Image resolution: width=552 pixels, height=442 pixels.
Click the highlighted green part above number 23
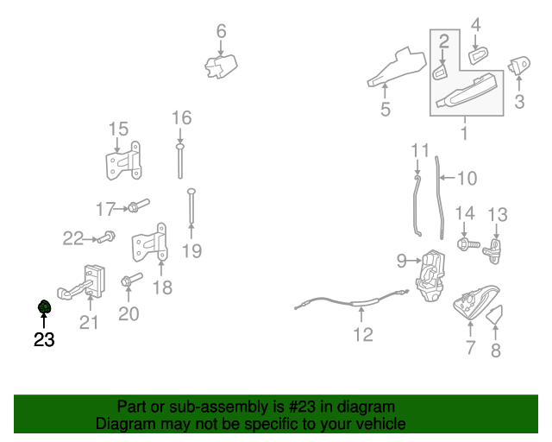point(44,307)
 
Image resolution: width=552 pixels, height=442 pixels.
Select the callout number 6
point(221,31)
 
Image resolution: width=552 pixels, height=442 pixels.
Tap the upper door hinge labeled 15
point(123,161)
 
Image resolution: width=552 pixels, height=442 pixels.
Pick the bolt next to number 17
point(137,207)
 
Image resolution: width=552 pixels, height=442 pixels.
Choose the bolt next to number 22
point(106,236)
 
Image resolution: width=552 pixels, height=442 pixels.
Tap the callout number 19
point(191,251)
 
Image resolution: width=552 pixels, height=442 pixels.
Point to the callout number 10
point(466,179)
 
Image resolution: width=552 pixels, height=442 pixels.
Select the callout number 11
point(419,150)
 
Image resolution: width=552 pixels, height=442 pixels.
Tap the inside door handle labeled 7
point(473,303)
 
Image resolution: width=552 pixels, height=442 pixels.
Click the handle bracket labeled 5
point(396,69)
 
